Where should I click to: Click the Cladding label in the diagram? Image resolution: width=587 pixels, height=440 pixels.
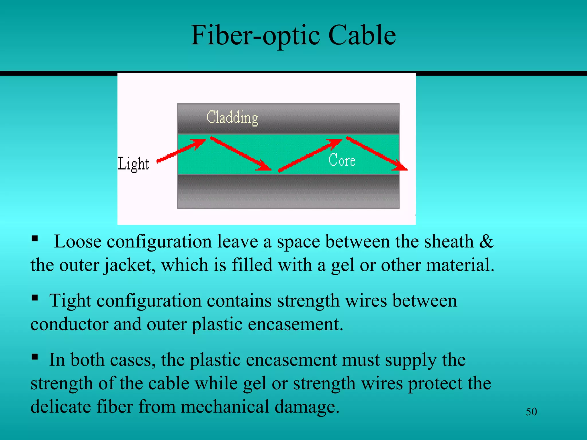pos(232,117)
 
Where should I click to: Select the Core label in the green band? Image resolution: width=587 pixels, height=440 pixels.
pos(342,160)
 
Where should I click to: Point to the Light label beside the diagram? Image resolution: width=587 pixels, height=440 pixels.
pos(134,164)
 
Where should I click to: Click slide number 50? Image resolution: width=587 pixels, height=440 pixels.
pos(531,412)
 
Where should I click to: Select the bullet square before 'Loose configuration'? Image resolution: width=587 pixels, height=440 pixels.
pos(35,238)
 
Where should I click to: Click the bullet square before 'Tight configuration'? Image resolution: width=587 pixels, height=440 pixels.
pos(35,298)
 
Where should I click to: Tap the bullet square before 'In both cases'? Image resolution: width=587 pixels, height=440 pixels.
pos(35,357)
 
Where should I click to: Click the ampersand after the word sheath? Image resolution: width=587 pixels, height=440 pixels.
pos(486,241)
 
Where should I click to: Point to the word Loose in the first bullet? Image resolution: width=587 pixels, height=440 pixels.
pos(78,241)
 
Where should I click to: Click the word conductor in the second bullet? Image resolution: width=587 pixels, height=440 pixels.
pos(69,324)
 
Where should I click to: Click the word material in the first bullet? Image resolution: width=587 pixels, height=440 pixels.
pos(460,265)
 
